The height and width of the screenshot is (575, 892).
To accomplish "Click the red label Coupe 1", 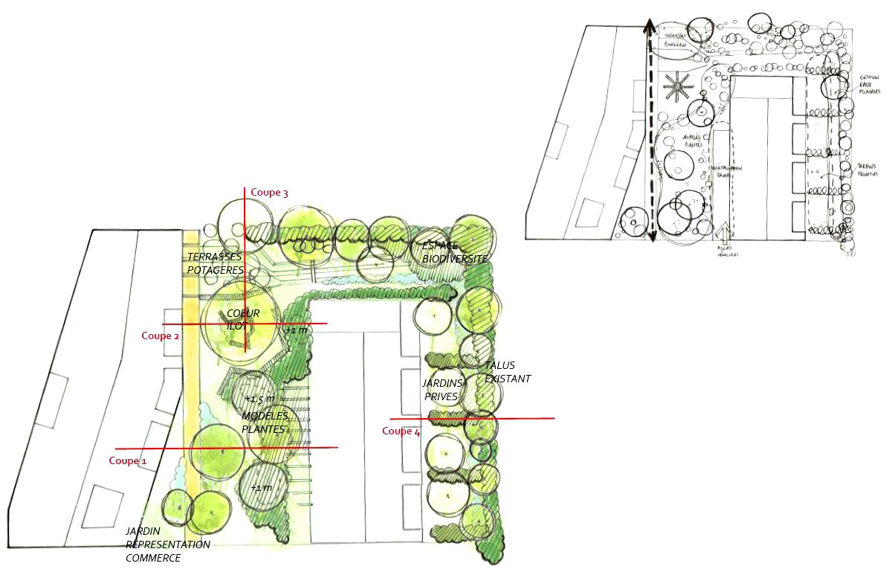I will click(128, 461).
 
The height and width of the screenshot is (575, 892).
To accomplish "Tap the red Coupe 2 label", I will click(161, 335).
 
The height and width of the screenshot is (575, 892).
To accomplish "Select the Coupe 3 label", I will click(269, 193).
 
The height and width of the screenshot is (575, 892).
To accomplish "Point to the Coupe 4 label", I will click(401, 431).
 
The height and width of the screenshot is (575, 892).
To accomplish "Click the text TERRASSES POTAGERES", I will click(215, 263).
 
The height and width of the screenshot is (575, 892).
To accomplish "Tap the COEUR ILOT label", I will click(243, 319).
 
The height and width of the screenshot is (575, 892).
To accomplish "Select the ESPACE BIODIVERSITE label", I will click(455, 252).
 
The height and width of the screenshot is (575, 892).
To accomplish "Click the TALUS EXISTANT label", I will click(508, 372).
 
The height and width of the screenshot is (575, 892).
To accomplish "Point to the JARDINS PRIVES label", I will click(443, 390).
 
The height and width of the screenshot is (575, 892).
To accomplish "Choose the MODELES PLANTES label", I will click(265, 423).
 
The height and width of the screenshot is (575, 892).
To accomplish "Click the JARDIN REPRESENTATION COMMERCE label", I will click(168, 545).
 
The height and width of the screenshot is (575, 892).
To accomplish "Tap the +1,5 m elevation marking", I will click(259, 399).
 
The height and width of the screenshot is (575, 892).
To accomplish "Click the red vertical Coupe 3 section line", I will click(245, 283).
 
